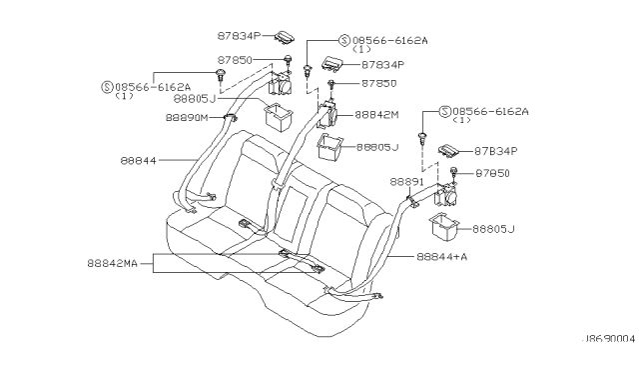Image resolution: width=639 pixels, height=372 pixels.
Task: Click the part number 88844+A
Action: point(441,257)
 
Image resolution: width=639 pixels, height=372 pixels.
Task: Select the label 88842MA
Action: point(113,263)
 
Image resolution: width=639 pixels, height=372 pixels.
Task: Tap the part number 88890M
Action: point(187,118)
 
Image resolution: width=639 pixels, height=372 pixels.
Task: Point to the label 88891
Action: point(406,182)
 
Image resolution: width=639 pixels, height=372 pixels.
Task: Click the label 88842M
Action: point(376,115)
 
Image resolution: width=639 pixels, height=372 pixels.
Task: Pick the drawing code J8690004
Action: point(608,339)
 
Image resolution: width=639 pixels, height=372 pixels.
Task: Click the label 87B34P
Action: point(495,151)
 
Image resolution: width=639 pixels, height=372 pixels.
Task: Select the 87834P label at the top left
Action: point(239,36)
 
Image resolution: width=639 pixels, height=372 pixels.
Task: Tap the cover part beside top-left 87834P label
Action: point(284,37)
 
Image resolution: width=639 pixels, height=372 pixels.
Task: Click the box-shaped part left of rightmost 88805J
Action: point(443,227)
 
